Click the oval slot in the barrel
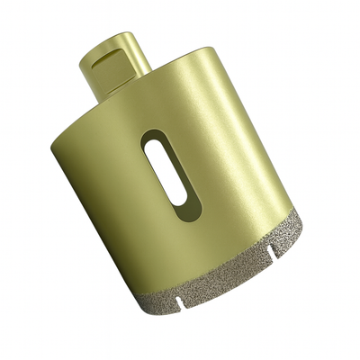[165, 172]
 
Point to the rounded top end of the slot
[152, 140]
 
